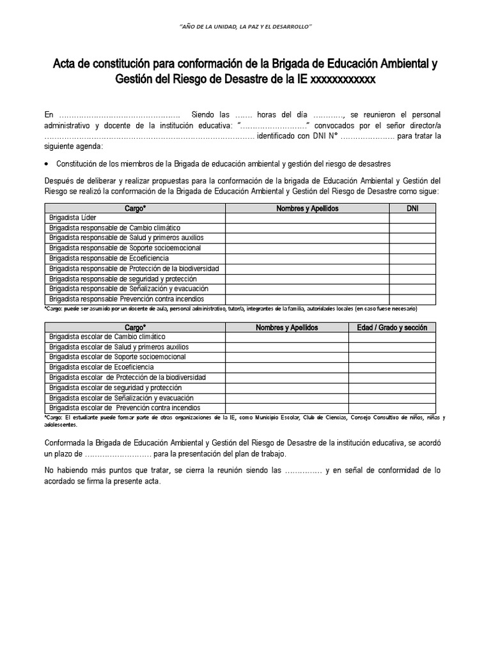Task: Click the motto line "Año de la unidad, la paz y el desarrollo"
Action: [x=244, y=27]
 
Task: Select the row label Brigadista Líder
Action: [x=73, y=218]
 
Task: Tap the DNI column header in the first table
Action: [x=412, y=208]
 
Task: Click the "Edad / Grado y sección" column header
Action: [x=392, y=327]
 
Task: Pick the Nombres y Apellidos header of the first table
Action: [x=307, y=208]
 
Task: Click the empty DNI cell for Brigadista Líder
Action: [x=412, y=218]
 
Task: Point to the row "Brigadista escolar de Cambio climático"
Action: [x=107, y=337]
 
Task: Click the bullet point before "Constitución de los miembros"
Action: [x=47, y=163]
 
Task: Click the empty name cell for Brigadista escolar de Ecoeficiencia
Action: [x=286, y=367]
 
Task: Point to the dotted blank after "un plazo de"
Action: [x=118, y=453]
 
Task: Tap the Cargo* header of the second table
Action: [x=134, y=327]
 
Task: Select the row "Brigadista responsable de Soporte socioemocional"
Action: [x=125, y=248]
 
